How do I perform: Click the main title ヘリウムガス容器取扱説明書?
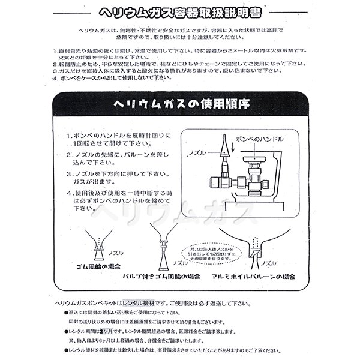pyautogui.click(x=179, y=12)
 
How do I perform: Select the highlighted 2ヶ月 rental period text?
pyautogui.click(x=106, y=331)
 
